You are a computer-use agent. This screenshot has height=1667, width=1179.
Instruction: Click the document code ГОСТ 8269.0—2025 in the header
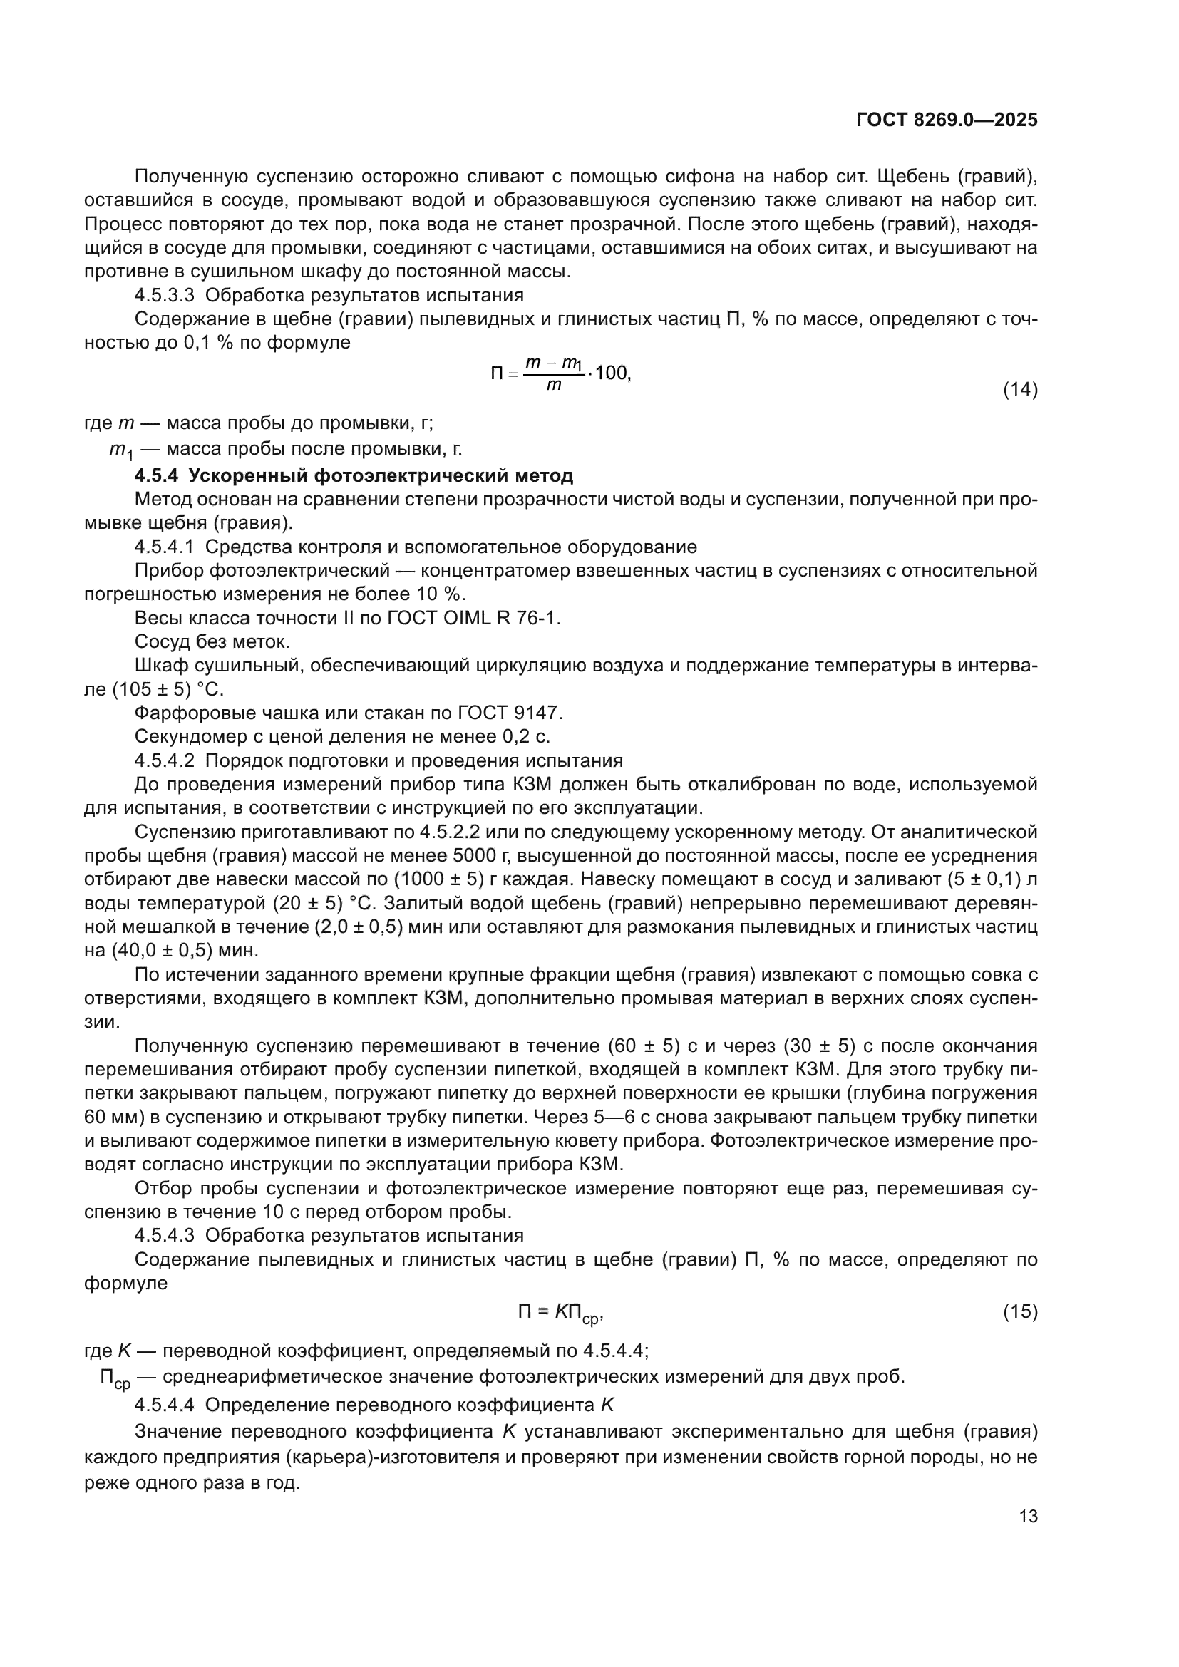click(947, 120)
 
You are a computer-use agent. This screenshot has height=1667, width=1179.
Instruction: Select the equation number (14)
click(1020, 390)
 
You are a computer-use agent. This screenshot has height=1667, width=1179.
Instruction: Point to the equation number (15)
click(1020, 1311)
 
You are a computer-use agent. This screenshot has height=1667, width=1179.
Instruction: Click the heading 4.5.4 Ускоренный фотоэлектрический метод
click(354, 475)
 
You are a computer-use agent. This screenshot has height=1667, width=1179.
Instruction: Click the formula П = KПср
click(560, 1313)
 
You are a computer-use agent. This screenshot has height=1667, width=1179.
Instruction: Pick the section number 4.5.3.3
click(164, 296)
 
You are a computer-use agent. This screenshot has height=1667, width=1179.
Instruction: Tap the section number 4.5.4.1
click(164, 547)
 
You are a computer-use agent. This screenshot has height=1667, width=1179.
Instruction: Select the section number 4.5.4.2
click(164, 760)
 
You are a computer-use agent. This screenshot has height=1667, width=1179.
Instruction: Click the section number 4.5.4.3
click(164, 1235)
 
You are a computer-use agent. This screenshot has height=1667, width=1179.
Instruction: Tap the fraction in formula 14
click(554, 374)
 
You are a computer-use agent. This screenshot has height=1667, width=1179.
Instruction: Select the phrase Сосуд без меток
click(212, 642)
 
